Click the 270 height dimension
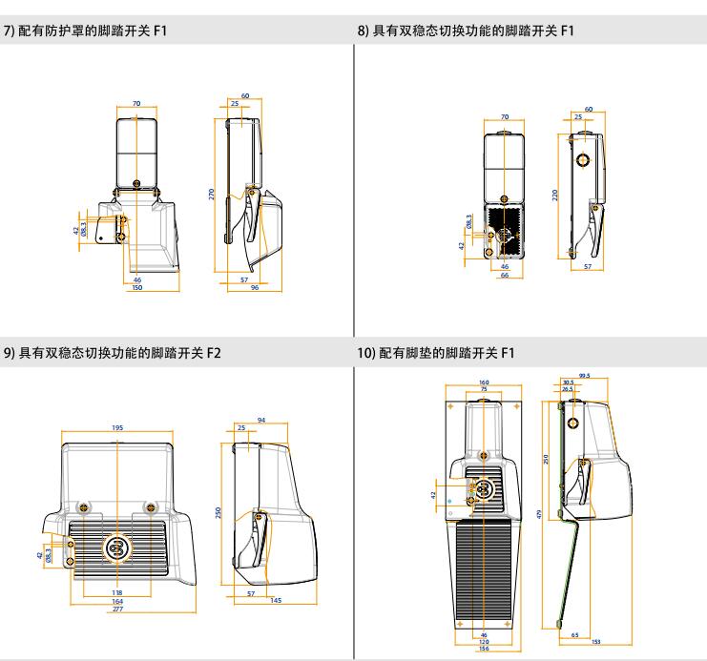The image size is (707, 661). click(x=213, y=192)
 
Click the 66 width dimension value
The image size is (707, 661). click(x=506, y=277)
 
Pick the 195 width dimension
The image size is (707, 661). click(x=117, y=427)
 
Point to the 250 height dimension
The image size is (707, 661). click(x=221, y=512)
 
